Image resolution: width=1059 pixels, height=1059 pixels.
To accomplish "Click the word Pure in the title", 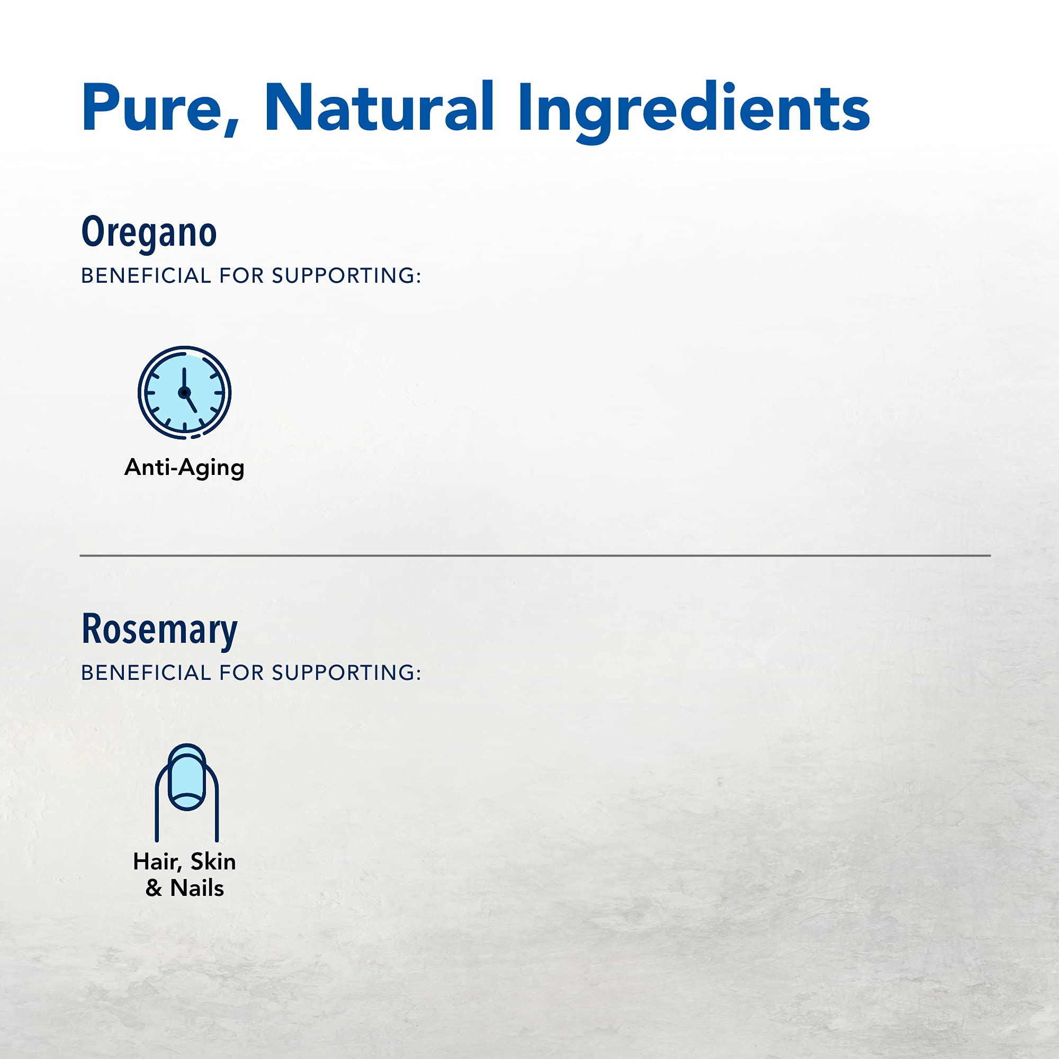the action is coord(151,107).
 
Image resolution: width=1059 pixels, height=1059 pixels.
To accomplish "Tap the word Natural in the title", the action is coord(379,106).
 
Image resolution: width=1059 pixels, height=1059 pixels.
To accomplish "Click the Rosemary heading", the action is coord(159,630).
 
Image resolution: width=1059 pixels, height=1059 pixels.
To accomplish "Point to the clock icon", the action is coord(185,392).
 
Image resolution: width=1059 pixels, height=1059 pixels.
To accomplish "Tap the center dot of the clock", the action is coord(184,392).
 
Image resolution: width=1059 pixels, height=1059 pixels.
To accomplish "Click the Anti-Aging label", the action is coord(184,468).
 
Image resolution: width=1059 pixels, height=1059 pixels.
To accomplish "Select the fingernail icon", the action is coord(186,793).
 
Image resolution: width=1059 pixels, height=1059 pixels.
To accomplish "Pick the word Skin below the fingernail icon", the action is coord(213,861).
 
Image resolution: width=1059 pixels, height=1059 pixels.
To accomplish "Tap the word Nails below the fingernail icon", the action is coord(198,888).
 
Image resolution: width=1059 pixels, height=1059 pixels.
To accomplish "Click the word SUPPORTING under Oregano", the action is coord(346,276).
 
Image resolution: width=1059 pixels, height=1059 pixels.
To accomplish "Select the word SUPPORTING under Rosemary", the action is coord(346,672).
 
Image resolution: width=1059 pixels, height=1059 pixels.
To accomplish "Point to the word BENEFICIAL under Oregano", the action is coord(146,276).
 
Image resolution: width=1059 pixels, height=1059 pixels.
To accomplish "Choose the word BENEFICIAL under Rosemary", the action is coord(146,672).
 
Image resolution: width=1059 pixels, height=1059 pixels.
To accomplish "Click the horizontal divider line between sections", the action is coord(535,555).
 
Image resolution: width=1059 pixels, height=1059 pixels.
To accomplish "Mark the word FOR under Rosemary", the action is coord(241,672).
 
